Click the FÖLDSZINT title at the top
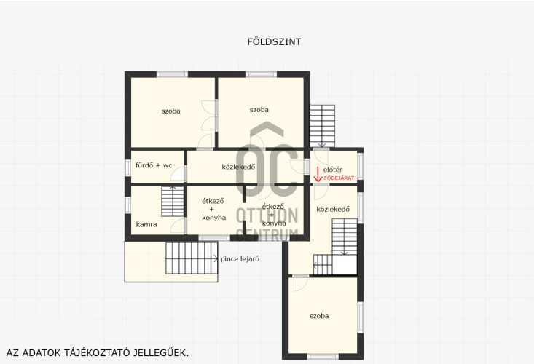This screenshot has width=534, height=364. pos(274,41)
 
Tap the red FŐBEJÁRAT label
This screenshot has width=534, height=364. pos(339,178)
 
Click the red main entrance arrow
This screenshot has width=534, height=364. pos(318,174)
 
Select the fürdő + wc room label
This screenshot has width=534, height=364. pos(154,165)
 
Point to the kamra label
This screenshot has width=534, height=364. pos(146,224)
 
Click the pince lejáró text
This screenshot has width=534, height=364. pos(240,259)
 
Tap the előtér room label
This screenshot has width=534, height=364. pos(333,169)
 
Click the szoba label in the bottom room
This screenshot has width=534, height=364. pos(319,316)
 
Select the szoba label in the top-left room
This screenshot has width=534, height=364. pos(170,111)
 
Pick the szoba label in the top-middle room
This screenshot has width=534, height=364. pos(259,110)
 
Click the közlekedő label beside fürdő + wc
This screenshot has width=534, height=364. pos(238,167)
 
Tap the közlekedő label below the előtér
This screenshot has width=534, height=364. pos(333,209)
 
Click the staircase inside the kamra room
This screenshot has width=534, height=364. pos(173,202)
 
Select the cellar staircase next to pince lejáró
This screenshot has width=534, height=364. pos(192,258)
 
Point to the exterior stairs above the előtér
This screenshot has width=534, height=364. pos(322,126)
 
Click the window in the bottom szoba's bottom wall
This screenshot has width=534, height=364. pos(323,357)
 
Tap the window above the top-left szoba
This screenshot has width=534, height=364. pos(172,74)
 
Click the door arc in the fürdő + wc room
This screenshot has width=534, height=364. pos(178,173)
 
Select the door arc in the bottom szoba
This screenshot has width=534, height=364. pos(301,284)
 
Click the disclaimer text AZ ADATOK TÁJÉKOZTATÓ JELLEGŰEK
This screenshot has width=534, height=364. pos(98,353)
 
